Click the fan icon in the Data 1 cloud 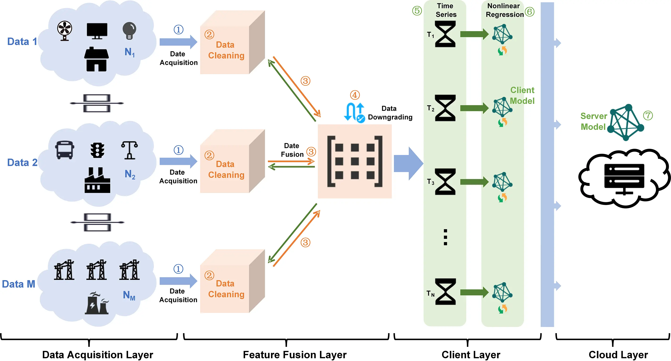coord(65,30)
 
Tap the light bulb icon coord(129,30)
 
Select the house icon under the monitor coord(96,59)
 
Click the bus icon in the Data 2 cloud coord(65,150)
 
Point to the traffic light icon coord(97,150)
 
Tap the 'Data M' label coord(19,284)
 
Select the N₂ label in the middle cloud coord(130,174)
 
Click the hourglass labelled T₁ coord(445,34)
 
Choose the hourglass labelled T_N coord(445,292)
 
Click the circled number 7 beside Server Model coord(648,115)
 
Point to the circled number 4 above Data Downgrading coord(355,95)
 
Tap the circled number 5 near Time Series coord(417,11)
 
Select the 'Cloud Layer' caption coord(618,354)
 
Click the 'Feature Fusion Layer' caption coord(295,354)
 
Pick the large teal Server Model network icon coord(626,122)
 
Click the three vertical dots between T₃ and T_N coord(445,237)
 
